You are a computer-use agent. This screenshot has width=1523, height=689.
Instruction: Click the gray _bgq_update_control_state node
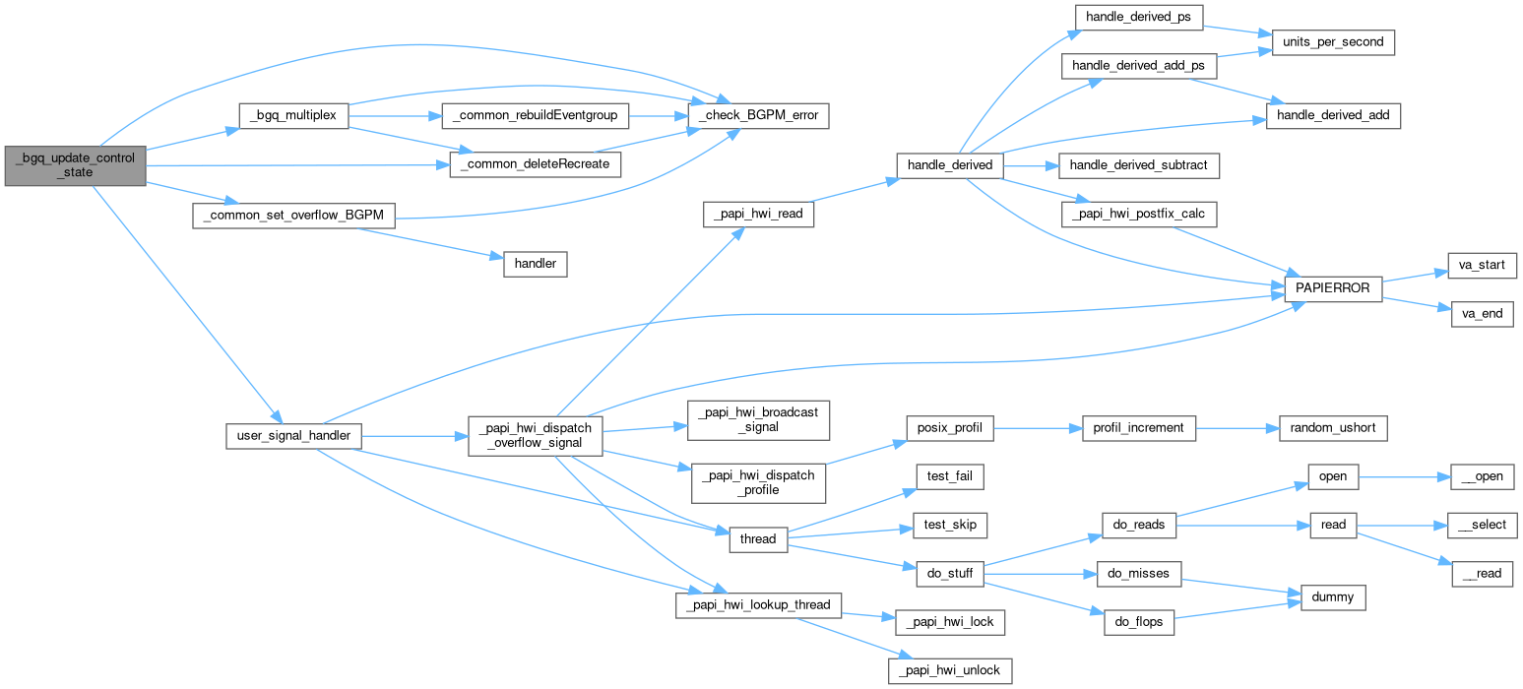click(x=75, y=164)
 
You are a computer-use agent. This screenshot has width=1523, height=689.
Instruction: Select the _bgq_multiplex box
click(x=293, y=115)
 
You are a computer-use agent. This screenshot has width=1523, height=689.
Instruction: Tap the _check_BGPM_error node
click(x=758, y=115)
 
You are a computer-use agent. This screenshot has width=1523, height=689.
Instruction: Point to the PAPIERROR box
click(x=1333, y=288)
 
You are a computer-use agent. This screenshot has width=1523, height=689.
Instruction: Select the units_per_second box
click(x=1333, y=42)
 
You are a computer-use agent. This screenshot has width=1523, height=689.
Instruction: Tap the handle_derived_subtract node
click(x=1137, y=165)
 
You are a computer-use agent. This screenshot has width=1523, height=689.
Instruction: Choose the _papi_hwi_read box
click(x=758, y=215)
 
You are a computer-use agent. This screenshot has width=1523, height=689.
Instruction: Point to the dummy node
click(x=1333, y=596)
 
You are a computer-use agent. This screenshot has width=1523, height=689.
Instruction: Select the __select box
click(x=1481, y=525)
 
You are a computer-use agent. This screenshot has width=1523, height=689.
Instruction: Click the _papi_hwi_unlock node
click(x=950, y=671)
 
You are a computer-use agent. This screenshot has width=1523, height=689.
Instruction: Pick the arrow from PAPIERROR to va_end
click(x=1418, y=301)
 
